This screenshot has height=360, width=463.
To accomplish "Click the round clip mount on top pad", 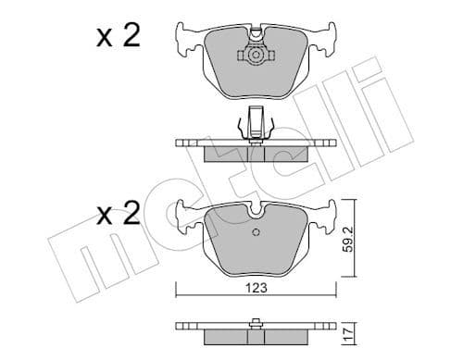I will pos(253,56).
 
